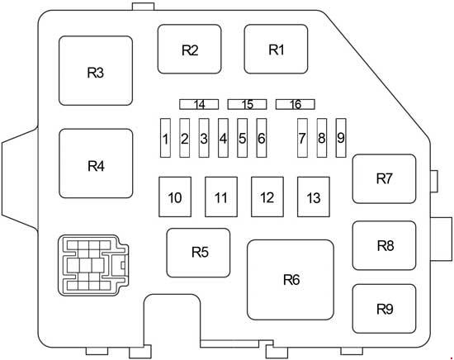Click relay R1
coord(276,49)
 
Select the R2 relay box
coord(190,49)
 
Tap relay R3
coord(96,71)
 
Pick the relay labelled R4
coord(96,163)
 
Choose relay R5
coord(198,253)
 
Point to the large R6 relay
coord(291,280)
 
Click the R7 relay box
coord(384,178)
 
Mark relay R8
coord(384,245)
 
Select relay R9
coord(384,309)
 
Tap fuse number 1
coord(165,138)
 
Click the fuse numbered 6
coord(262,138)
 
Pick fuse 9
coord(341,138)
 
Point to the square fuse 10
coord(175,197)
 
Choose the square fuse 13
coord(314,197)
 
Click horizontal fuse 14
coord(199,104)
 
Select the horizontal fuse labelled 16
coord(296,104)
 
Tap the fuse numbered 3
coord(204,138)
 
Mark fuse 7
coord(302,138)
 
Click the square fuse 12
coord(267,197)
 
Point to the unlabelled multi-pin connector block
coord(93,265)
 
